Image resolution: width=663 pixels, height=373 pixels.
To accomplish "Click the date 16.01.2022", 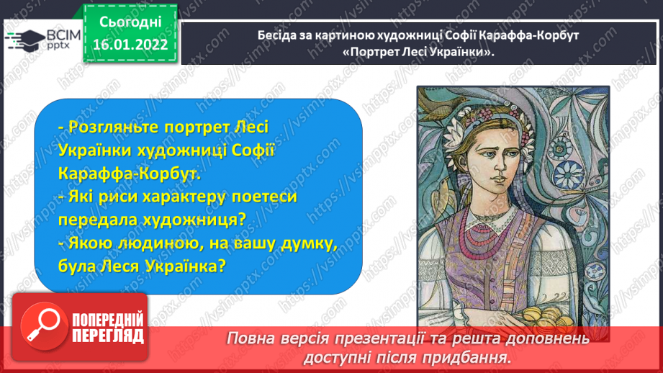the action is pyautogui.click(x=130, y=45).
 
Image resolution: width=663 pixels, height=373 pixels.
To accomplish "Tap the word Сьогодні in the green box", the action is pyautogui.click(x=130, y=22).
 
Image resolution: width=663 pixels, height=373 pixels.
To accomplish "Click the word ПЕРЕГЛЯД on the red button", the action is pyautogui.click(x=108, y=336).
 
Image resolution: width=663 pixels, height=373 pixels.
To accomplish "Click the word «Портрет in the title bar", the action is pyautogui.click(x=366, y=52).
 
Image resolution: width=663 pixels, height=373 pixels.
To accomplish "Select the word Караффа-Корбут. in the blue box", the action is pyautogui.click(x=130, y=174).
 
